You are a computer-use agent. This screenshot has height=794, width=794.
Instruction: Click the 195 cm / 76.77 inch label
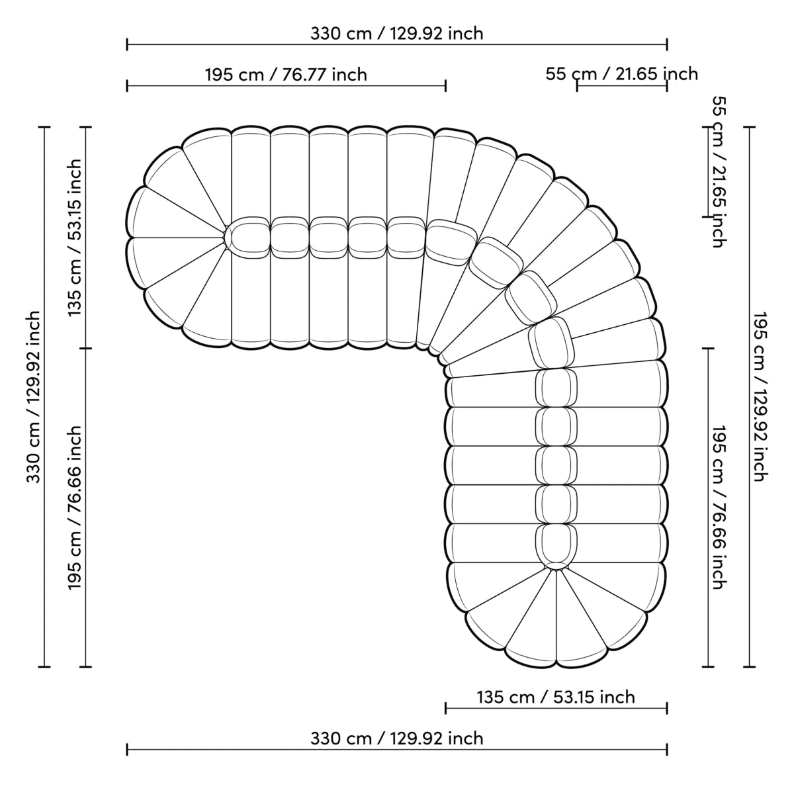(x=286, y=74)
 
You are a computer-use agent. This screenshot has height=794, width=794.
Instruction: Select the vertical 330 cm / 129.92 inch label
(x=34, y=397)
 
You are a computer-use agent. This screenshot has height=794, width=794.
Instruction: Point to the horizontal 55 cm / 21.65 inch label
(x=621, y=73)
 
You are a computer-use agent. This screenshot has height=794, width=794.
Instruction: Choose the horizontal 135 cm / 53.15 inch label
(x=556, y=697)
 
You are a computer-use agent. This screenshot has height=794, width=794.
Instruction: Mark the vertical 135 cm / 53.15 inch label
(x=75, y=238)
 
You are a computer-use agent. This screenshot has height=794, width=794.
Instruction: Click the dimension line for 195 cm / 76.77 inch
(x=286, y=85)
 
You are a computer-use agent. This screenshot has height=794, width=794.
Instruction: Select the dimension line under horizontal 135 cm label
(x=556, y=709)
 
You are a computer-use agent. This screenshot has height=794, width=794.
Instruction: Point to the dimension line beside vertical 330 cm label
(x=46, y=397)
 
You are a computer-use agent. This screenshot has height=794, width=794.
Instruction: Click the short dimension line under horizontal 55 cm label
(x=621, y=86)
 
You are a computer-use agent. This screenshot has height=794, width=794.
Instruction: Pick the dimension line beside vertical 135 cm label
(x=86, y=238)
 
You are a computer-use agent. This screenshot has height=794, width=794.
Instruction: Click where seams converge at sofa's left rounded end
(x=225, y=237)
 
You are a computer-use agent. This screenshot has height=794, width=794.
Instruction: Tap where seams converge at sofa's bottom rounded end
(x=556, y=569)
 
